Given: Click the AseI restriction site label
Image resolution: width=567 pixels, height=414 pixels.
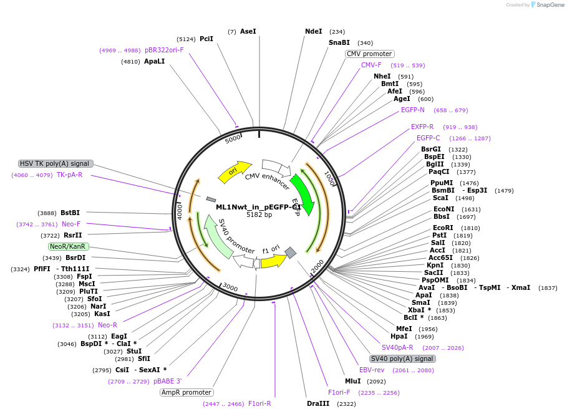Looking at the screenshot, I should pos(248,31).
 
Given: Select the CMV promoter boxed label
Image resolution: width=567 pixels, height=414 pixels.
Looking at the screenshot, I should pos(369,54).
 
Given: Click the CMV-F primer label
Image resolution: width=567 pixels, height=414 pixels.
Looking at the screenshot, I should pos(371,65).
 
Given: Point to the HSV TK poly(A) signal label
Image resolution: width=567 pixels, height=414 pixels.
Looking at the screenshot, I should pos(56,163).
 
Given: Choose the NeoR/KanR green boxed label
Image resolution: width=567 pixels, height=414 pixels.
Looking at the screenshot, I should pos(67,246).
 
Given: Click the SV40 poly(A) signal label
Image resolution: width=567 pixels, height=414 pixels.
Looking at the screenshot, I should pos(402,359).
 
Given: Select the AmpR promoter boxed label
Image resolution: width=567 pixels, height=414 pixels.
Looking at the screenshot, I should pos(187,392).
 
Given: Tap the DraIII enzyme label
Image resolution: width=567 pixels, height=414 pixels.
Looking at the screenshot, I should pos(319,404).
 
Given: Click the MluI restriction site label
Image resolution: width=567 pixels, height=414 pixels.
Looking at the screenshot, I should pos(353,381).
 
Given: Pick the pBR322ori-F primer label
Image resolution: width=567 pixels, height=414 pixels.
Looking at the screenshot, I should pos(164,50).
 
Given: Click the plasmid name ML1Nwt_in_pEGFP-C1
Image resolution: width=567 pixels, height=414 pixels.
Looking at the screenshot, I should pos(258,207).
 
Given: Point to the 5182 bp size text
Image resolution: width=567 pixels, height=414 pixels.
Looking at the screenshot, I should pos(259,215).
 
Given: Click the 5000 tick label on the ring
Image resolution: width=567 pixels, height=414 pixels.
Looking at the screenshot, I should pos(233,138).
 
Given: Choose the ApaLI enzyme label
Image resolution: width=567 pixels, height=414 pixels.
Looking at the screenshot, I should pos(154,62).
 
